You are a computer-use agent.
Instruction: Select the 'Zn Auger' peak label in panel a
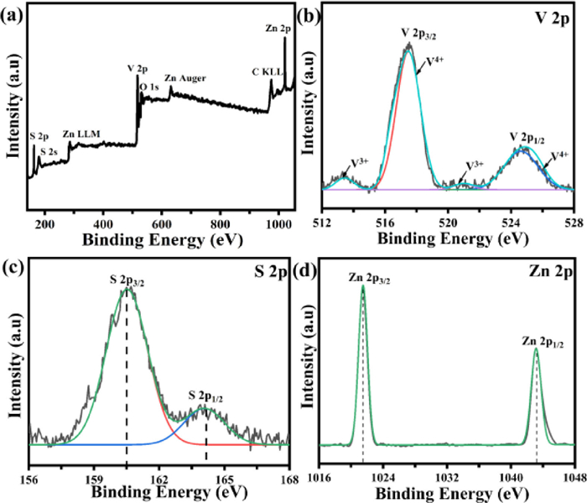click(186, 77)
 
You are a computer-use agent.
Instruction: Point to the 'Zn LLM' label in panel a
click(79, 134)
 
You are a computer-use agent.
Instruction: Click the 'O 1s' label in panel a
click(150, 86)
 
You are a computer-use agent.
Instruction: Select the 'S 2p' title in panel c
click(268, 270)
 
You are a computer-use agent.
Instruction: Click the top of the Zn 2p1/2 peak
click(536, 349)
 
